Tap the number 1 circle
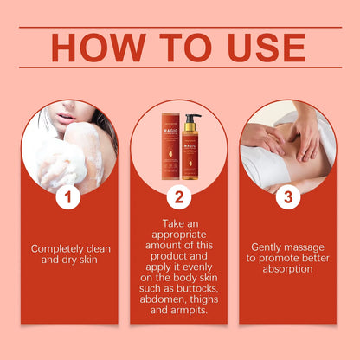(x=68, y=198)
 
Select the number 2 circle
(x=178, y=198)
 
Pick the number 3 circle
(x=288, y=198)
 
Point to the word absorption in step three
(x=287, y=268)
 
